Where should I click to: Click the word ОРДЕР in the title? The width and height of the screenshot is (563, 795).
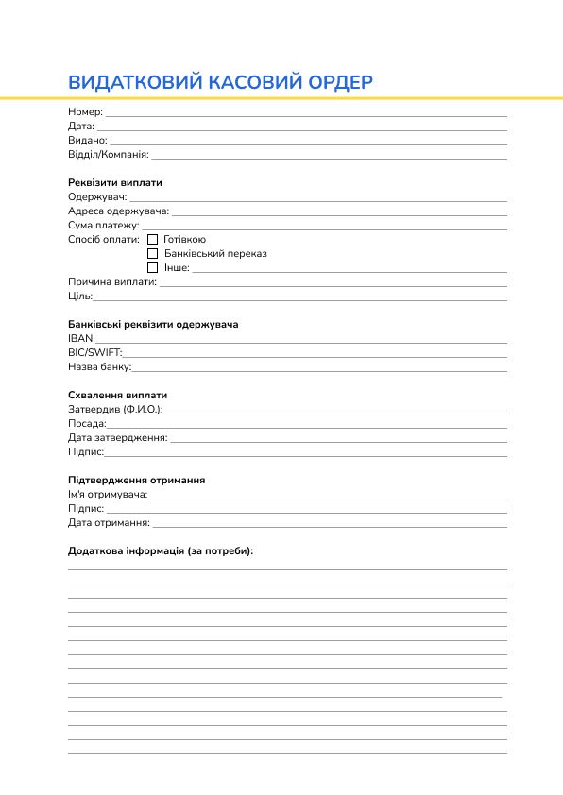(341, 82)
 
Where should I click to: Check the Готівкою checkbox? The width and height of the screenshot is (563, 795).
(153, 240)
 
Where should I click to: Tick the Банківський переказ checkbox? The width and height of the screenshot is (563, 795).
(153, 254)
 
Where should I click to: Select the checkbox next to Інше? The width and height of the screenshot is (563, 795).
(153, 268)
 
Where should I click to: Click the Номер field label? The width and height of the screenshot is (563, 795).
(85, 112)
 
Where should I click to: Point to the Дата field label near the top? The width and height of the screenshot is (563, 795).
(81, 127)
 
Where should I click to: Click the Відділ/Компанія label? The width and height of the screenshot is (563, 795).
(109, 155)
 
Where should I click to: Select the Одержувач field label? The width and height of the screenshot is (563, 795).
(97, 197)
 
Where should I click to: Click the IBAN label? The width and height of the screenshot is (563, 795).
(81, 338)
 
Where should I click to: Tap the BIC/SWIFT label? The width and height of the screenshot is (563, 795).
(94, 352)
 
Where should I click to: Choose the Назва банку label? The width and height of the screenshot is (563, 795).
(99, 366)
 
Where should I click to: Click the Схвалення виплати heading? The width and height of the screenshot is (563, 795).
(117, 395)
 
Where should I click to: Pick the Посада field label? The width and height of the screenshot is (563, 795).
(87, 424)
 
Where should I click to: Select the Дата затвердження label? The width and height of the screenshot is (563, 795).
(118, 438)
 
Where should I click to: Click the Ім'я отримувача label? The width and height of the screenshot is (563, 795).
(108, 495)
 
